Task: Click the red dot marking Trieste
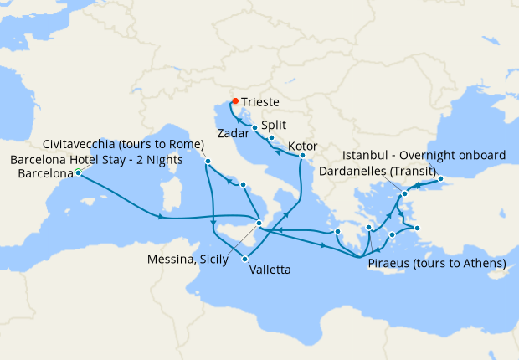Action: click(x=235, y=101)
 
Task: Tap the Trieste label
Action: click(x=260, y=101)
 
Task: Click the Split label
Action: click(x=274, y=123)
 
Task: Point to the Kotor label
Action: click(x=302, y=147)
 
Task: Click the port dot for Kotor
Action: click(x=301, y=156)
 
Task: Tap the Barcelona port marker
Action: click(x=78, y=173)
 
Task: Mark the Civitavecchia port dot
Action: click(x=208, y=161)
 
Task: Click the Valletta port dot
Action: click(x=245, y=259)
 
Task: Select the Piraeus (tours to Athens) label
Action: click(x=437, y=263)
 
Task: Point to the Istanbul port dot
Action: click(x=440, y=178)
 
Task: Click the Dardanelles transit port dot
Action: click(x=404, y=194)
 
